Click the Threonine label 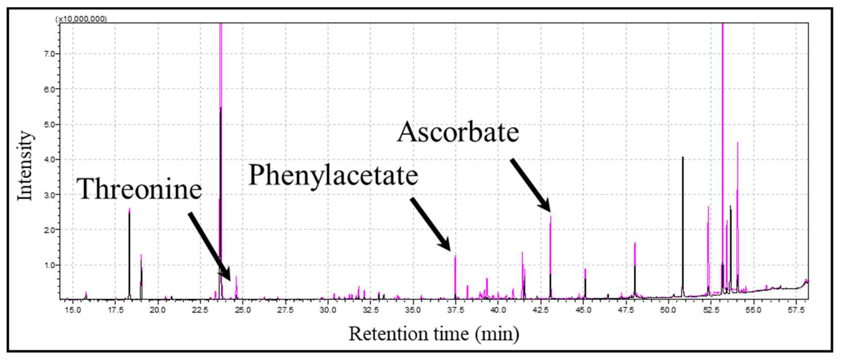tap(139, 189)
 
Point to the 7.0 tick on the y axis tap(49, 54)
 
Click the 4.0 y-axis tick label tap(49, 160)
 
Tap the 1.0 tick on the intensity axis tap(49, 265)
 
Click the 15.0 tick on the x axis tap(73, 310)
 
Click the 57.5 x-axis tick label tap(796, 310)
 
